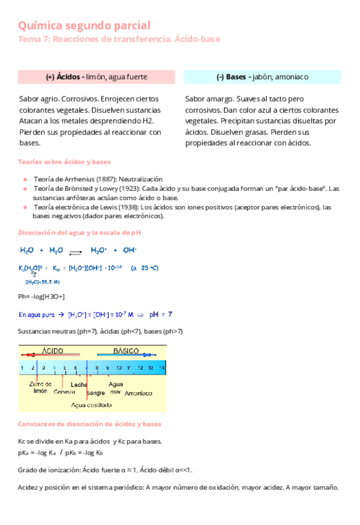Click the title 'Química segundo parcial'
[84, 25]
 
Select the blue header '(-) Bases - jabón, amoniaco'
[262, 77]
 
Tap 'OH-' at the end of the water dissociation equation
[130, 251]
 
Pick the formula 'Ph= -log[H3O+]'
[42, 297]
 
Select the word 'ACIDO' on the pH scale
[53, 351]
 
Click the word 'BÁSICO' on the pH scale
[126, 351]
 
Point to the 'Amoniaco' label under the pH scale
[139, 393]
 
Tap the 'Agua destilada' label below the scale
[92, 405]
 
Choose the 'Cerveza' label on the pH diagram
[65, 391]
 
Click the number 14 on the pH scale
[161, 368]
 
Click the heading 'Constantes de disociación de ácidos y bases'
[90, 425]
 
